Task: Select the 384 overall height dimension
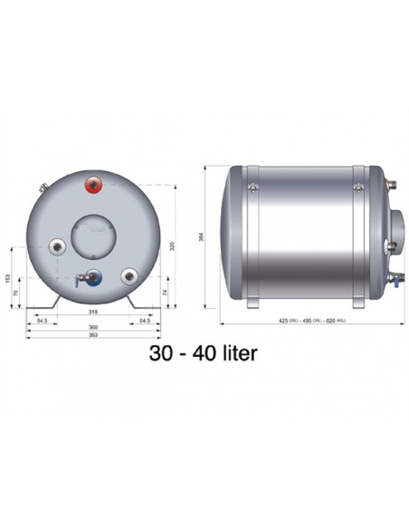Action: (209, 239)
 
